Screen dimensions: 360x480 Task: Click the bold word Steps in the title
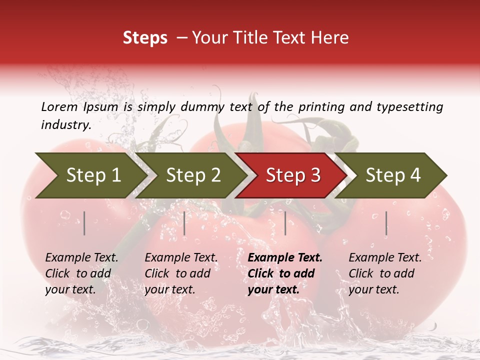145,38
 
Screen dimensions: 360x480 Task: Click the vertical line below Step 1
84,223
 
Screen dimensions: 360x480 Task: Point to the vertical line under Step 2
184,223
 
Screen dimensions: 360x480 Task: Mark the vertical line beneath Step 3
285,223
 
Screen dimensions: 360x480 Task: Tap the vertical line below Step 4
386,223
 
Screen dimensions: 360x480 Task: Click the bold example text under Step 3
284,273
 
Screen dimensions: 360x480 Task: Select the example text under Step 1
81,273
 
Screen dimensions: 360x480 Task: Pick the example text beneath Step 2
180,273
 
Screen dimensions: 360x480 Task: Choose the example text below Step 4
384,273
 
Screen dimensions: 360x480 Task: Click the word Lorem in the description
59,106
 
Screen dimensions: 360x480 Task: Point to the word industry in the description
65,124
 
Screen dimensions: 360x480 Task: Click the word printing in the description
319,106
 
